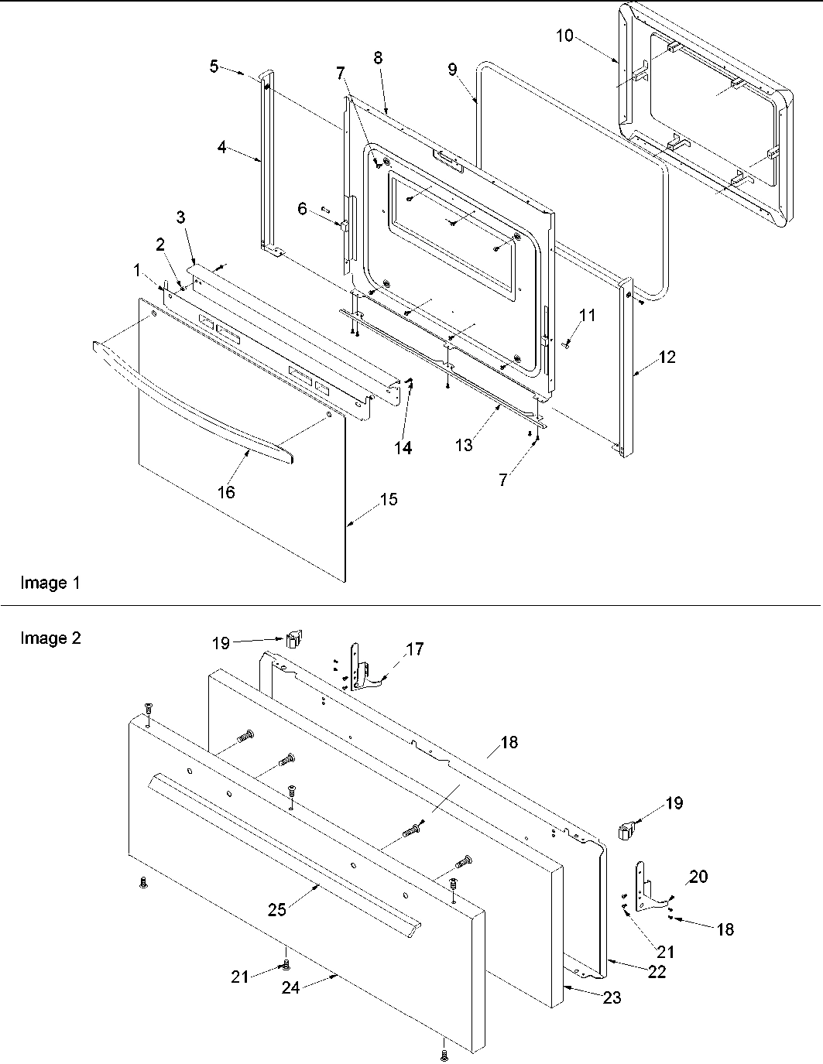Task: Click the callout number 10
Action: [564, 36]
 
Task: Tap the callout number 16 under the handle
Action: [226, 491]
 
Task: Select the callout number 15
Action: [389, 500]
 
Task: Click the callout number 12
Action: [667, 357]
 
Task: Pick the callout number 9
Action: [452, 70]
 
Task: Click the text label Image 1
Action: [50, 583]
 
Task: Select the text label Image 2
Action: [50, 638]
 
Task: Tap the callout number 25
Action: [277, 910]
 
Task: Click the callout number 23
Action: [612, 998]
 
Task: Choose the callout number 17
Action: [415, 649]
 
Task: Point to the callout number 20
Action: [698, 877]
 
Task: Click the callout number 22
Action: [657, 972]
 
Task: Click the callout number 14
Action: [403, 447]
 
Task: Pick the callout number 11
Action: [588, 315]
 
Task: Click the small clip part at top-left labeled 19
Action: [293, 638]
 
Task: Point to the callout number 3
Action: [180, 217]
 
